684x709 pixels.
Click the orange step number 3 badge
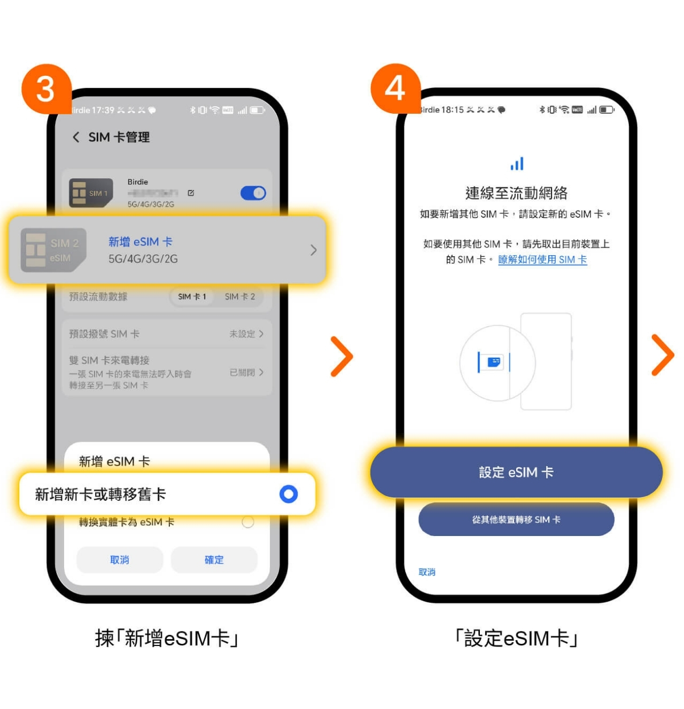click(x=46, y=89)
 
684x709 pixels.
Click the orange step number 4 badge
click(x=395, y=88)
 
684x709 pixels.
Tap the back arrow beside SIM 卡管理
click(x=76, y=137)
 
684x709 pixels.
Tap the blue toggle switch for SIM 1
click(x=253, y=193)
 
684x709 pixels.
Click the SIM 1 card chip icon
click(x=91, y=193)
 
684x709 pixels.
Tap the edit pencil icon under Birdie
click(x=191, y=193)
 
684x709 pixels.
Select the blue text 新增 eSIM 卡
click(x=140, y=242)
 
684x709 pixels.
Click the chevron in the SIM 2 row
click(x=313, y=250)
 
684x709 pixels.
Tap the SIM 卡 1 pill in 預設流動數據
click(x=192, y=297)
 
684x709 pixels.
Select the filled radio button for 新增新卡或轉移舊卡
click(x=289, y=494)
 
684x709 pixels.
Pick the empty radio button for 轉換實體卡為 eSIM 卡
click(x=247, y=522)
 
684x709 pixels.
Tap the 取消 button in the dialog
click(x=120, y=560)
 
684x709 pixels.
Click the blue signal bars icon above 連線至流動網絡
click(x=517, y=164)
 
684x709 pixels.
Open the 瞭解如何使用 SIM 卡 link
click(x=542, y=259)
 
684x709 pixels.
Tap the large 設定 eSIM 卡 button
click(x=516, y=472)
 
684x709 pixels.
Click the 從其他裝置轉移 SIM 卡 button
click(x=516, y=519)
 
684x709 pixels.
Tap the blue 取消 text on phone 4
click(x=427, y=572)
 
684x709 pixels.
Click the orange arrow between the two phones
click(x=342, y=357)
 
